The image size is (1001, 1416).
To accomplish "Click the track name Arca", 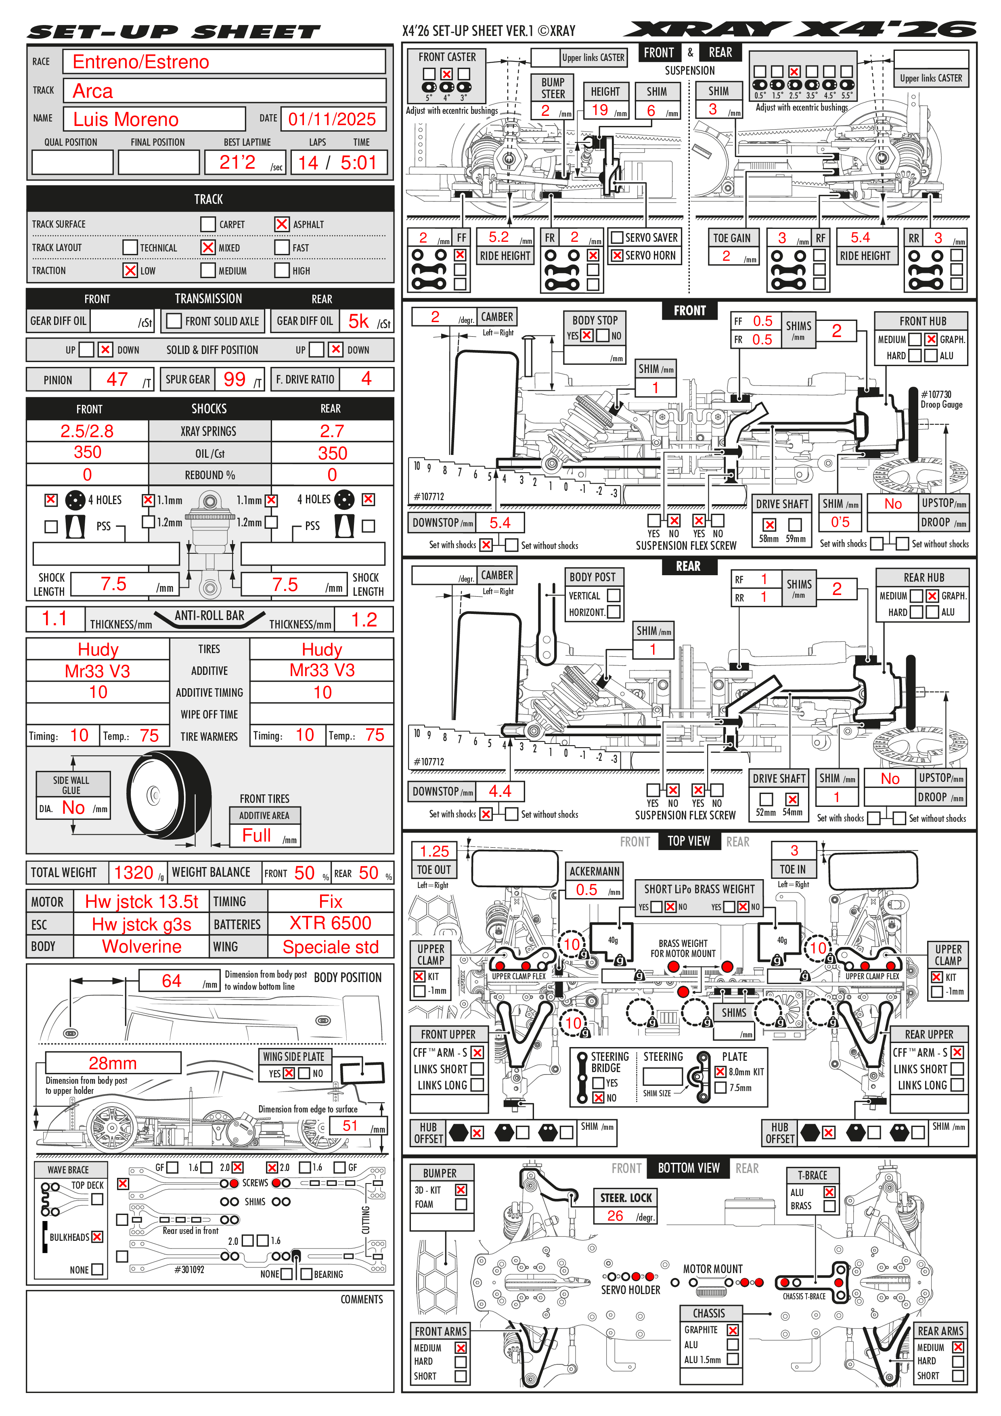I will click(x=93, y=91).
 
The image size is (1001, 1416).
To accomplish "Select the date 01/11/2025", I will click(x=332, y=119).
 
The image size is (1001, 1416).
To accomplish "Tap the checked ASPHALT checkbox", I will click(x=282, y=224).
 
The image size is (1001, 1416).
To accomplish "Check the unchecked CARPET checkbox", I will click(x=208, y=224).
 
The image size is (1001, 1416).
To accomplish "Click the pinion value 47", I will click(x=117, y=379).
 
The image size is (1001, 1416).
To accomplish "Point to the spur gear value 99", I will click(x=235, y=379).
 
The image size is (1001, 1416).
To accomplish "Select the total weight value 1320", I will click(x=133, y=873).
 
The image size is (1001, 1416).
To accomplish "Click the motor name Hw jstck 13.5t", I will click(x=141, y=902).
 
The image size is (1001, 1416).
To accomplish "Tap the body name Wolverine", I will click(x=141, y=947).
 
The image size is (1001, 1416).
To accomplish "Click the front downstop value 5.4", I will click(x=500, y=523).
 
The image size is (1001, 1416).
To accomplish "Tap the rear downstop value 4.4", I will click(x=500, y=791).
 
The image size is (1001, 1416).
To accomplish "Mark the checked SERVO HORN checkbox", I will click(x=616, y=256).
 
